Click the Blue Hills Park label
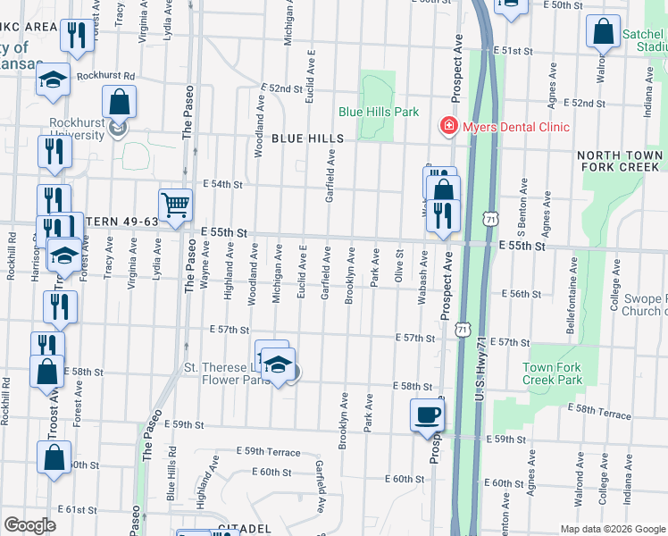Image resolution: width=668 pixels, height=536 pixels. click(379, 113)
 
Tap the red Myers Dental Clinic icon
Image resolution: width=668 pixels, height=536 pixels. click(449, 127)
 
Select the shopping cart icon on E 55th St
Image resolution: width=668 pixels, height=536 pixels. click(175, 205)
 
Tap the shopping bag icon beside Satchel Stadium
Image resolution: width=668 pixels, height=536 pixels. click(604, 31)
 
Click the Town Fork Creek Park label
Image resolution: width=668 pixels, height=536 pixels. click(552, 373)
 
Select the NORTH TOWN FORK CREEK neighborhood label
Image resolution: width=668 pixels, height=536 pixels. click(621, 161)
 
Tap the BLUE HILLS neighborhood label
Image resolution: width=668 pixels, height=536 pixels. click(307, 139)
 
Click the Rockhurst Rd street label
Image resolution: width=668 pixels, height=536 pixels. click(104, 77)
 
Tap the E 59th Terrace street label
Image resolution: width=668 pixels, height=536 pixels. click(268, 452)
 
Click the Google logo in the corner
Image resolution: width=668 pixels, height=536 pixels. click(29, 525)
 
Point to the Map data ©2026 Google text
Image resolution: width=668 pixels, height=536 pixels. click(612, 529)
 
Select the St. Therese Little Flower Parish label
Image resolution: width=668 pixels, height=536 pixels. click(225, 374)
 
